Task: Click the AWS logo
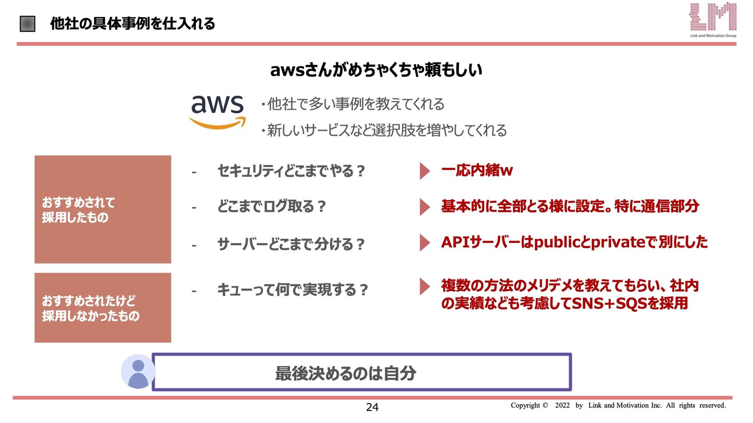click(x=218, y=112)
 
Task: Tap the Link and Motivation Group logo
click(x=713, y=20)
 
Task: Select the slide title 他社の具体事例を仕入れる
click(x=132, y=23)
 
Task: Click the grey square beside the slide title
click(x=28, y=24)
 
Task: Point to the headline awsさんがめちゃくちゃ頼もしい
click(x=376, y=70)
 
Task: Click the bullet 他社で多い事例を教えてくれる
click(x=352, y=104)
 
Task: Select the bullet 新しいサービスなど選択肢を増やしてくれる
click(x=384, y=130)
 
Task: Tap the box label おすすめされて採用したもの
click(x=78, y=210)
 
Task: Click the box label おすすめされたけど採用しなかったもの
click(x=90, y=308)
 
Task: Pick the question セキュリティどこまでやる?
click(x=291, y=171)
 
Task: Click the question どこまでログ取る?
click(x=271, y=206)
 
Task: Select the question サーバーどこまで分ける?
click(x=291, y=244)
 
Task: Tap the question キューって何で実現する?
click(x=292, y=290)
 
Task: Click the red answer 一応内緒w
click(x=477, y=170)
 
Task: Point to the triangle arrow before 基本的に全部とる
click(x=425, y=207)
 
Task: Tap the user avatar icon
click(x=138, y=372)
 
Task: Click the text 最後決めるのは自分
click(x=346, y=373)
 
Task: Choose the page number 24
click(x=372, y=407)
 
